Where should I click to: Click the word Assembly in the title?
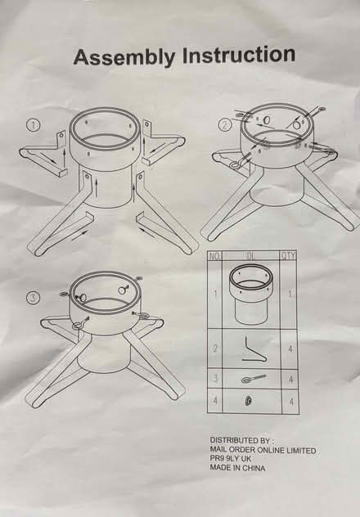point(124,57)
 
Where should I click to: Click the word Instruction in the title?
point(238,55)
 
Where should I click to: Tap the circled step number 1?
point(33,125)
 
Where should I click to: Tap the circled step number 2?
point(225,125)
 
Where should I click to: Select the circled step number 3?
point(33,298)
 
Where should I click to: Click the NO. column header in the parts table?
point(215,256)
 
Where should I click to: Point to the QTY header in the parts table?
point(289,255)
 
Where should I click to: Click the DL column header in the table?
point(251,256)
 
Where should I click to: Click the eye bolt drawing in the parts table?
point(253,379)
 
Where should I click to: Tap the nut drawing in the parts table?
point(249,401)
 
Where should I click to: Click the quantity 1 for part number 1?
point(290,294)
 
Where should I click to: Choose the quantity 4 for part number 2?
point(290,348)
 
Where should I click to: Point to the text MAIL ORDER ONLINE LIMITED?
point(263,450)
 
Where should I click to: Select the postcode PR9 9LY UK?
point(231,459)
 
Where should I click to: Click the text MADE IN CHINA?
point(237,468)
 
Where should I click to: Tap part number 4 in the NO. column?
point(215,401)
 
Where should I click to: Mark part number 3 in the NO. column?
point(215,378)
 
